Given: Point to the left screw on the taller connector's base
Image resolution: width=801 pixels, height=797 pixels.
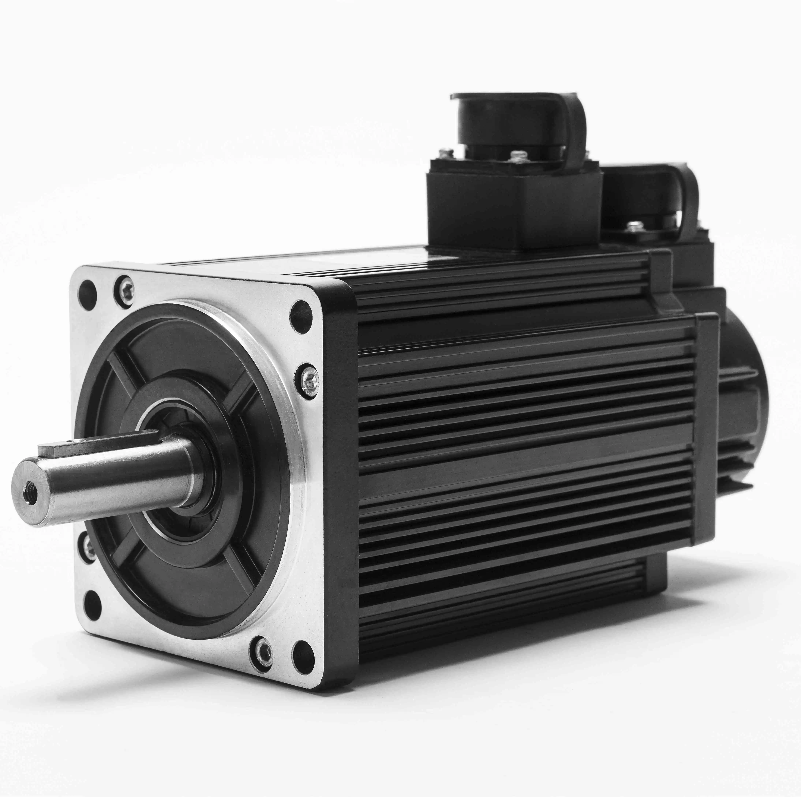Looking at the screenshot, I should click(x=447, y=152).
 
